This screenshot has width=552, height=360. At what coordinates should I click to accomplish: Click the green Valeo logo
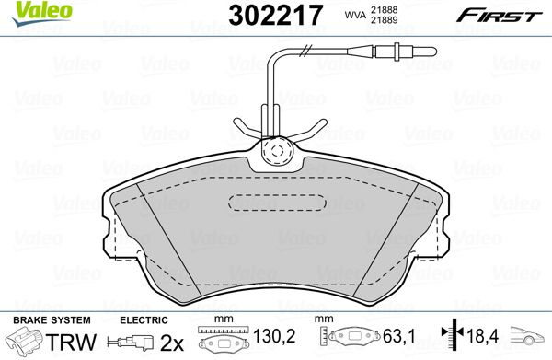click(42, 13)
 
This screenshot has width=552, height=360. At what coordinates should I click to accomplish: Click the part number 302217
click(275, 15)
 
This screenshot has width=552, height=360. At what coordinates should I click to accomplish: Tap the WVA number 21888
click(384, 10)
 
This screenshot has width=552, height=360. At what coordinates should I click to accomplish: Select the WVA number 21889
click(384, 20)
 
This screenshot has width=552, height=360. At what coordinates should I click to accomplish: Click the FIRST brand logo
click(500, 16)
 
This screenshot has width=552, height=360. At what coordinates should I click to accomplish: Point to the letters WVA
click(355, 15)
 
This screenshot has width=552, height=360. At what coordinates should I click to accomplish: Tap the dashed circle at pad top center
click(277, 151)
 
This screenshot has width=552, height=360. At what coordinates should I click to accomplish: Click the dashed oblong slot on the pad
click(278, 203)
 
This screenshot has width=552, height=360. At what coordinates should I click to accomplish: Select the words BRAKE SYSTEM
click(52, 320)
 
